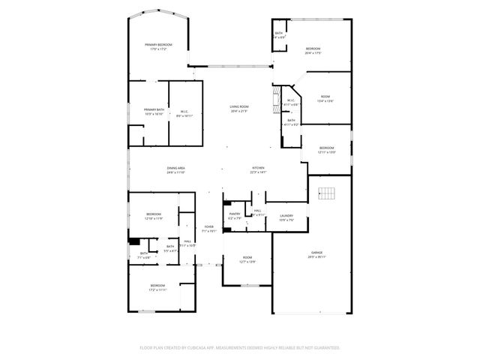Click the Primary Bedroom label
(x=158, y=47)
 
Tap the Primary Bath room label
(x=154, y=112)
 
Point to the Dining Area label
(x=176, y=170)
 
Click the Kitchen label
(x=258, y=170)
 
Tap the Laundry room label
(x=286, y=217)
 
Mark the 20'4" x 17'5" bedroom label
(x=313, y=51)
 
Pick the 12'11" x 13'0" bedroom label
(x=327, y=150)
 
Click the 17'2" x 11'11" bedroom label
(x=157, y=287)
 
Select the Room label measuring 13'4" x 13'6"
(x=325, y=98)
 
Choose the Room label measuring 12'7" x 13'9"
(x=247, y=259)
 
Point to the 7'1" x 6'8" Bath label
(x=144, y=255)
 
